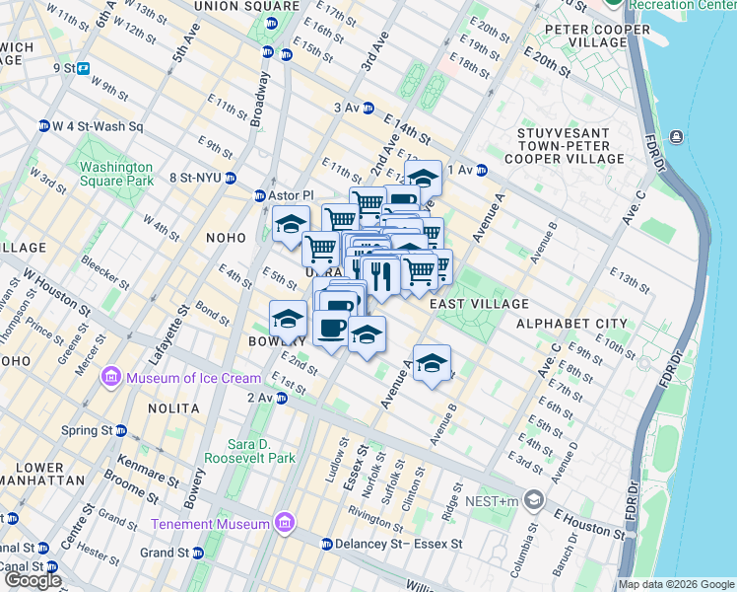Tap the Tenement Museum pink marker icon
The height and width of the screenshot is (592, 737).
(x=285, y=521)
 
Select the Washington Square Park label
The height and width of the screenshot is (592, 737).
(x=117, y=174)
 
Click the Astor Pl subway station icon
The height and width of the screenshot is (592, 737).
(x=260, y=195)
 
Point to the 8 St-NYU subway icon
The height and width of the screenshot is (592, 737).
(x=230, y=179)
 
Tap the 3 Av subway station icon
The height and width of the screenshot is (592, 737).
(x=368, y=109)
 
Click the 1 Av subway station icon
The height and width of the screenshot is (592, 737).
(x=482, y=170)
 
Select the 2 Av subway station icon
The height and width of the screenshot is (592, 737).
(x=281, y=398)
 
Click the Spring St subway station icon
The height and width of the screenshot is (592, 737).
(x=121, y=431)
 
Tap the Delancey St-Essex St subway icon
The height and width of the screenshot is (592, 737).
(x=327, y=544)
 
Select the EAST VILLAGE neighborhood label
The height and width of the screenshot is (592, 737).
(x=479, y=305)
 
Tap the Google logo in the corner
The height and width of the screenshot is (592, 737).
(x=32, y=580)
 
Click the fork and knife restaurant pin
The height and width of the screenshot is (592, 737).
(x=381, y=274)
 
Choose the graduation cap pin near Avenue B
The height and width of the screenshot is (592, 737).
(x=431, y=363)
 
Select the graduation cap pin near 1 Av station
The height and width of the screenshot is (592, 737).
(x=423, y=179)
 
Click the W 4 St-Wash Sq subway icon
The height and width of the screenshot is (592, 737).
(x=43, y=126)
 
